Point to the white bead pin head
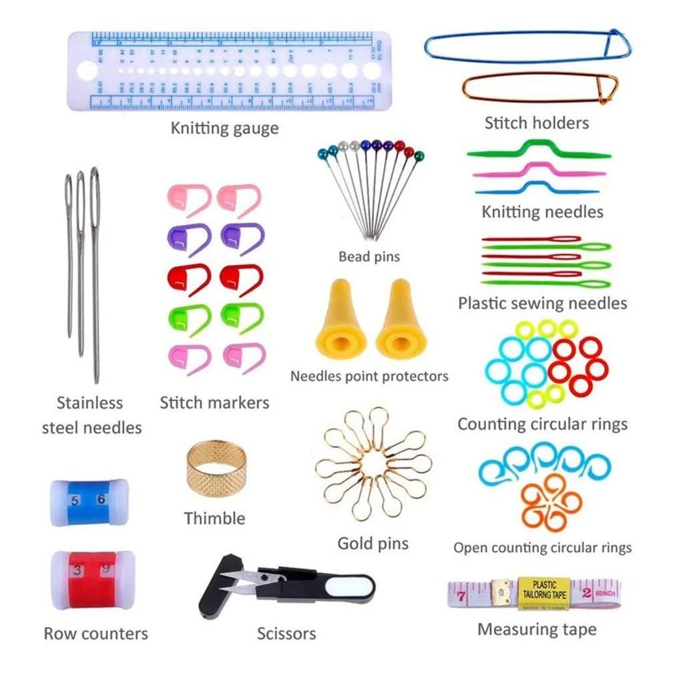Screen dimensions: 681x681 (x=343, y=145)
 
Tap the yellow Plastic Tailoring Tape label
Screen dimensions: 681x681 (x=544, y=592)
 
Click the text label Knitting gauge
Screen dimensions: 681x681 (x=224, y=128)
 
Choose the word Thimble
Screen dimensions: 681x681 (x=214, y=518)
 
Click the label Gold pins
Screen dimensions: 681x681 (x=373, y=543)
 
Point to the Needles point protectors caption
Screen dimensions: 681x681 (x=369, y=376)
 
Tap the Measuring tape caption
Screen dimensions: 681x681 (x=537, y=629)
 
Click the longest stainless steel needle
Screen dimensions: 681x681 (x=95, y=274)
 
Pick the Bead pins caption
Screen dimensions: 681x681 (x=369, y=256)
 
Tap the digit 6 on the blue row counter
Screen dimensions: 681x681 (x=101, y=499)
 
